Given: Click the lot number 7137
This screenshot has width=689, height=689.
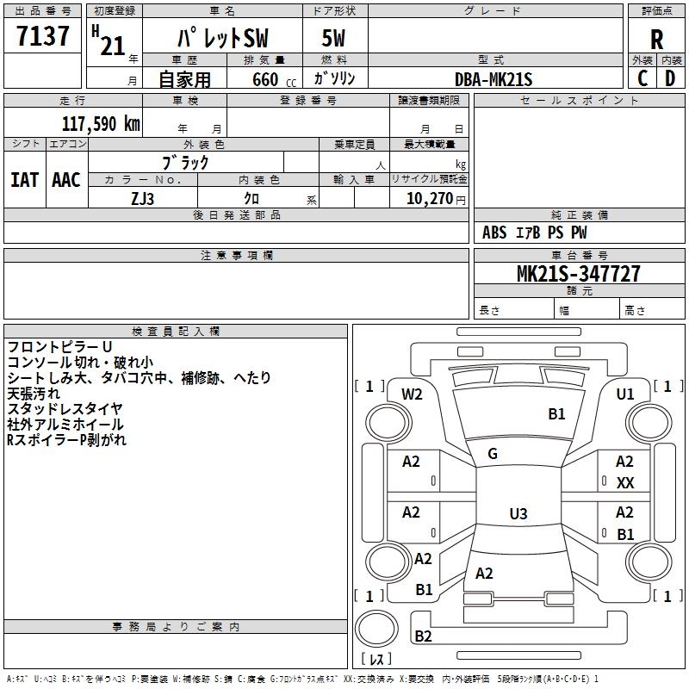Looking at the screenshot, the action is tap(42, 36).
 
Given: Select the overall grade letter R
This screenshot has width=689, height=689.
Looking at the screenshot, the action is tap(656, 40).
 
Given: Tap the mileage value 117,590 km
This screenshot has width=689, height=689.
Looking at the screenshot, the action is tap(101, 124).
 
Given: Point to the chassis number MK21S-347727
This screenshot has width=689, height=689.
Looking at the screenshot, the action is tap(578, 274).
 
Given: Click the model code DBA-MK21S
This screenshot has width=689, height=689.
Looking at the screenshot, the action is tap(493, 79).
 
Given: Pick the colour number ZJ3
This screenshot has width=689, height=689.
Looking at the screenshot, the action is tap(142, 199).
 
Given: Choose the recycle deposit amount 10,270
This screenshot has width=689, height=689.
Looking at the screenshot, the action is tap(430, 199).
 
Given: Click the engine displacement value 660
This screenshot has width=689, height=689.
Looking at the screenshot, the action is tap(265, 79).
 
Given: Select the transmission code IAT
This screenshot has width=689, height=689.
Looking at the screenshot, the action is tap(24, 180).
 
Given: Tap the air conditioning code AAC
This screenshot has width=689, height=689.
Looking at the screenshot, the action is tap(66, 180).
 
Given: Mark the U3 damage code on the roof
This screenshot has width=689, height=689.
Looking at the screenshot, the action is tap(518, 513).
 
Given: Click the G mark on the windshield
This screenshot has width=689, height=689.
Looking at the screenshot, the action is tap(493, 454).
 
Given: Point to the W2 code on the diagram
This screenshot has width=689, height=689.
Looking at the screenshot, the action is tap(412, 394).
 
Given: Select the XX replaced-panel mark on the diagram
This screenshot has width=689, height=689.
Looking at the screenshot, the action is tap(625, 483).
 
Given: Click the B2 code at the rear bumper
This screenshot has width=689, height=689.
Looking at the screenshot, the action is tap(423, 636).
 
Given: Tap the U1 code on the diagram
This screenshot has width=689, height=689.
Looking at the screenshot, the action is tap(625, 394).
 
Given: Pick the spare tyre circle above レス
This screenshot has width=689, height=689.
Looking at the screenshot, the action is tap(376, 628).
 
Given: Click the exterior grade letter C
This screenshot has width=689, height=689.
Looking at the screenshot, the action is tap(642, 78).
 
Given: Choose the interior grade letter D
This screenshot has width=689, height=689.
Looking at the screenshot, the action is tap(670, 78).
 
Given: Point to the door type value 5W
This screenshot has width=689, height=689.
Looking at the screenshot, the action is tap(333, 38).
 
